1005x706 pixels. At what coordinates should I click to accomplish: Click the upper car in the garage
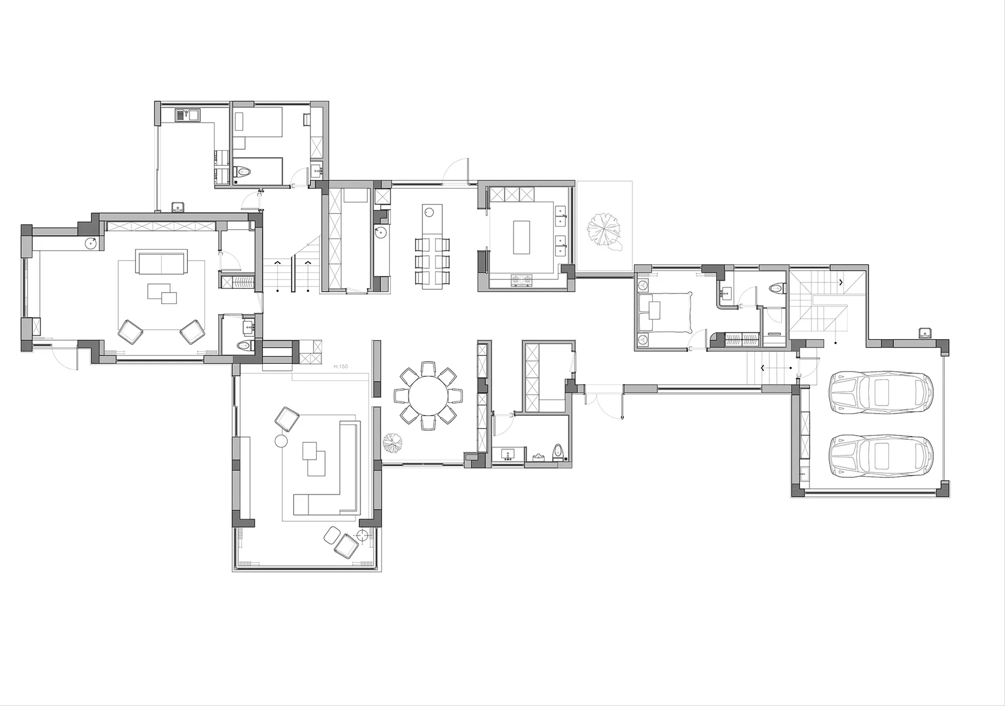(882, 392)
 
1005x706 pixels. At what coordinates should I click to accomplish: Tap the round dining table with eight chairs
(428, 396)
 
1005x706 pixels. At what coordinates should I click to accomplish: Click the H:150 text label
(340, 366)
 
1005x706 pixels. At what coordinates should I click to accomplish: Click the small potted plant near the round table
(393, 444)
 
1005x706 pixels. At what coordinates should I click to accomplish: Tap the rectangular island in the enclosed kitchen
(521, 238)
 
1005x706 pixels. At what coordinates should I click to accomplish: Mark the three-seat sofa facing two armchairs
(161, 261)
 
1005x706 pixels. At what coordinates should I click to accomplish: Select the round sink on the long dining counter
(429, 212)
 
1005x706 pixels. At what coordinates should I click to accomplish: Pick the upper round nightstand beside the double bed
(643, 286)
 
